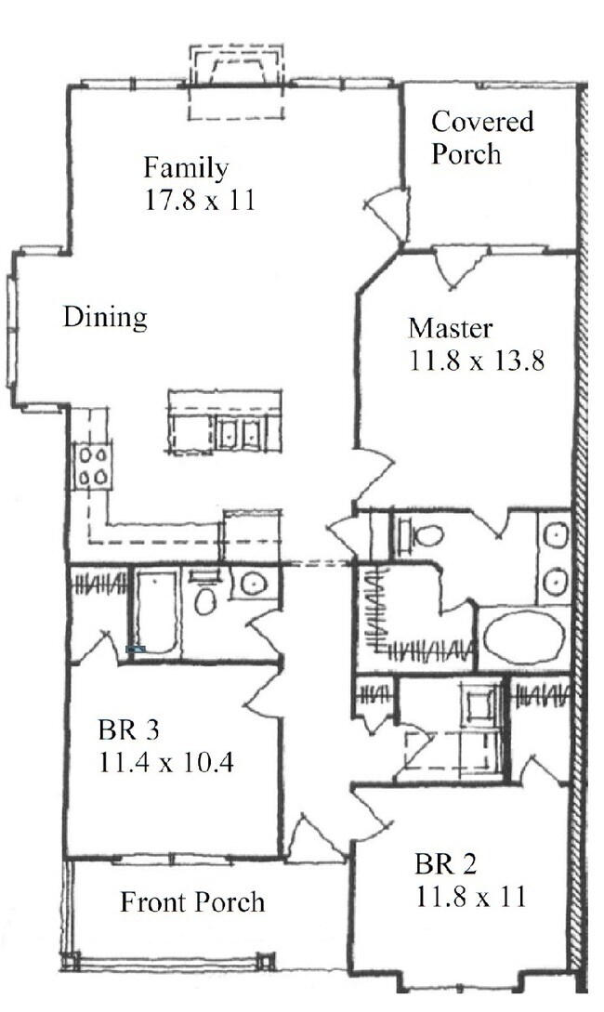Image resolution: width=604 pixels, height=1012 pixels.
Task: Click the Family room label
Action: click(x=185, y=168)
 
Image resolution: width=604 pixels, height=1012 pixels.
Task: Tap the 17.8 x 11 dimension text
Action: click(x=199, y=200)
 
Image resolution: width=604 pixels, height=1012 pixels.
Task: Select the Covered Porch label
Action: click(x=480, y=138)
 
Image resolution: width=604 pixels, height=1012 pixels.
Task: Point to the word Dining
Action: click(x=105, y=318)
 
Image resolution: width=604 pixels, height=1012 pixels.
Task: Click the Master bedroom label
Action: click(x=451, y=328)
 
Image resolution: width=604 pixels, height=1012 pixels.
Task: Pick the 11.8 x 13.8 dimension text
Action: click(x=476, y=360)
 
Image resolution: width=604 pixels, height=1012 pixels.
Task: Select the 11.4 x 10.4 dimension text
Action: click(x=165, y=762)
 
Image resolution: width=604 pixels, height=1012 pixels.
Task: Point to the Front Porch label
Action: click(x=192, y=901)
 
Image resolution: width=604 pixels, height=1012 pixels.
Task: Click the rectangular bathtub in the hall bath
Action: click(x=152, y=611)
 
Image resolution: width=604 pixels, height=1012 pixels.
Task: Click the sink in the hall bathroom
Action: click(x=252, y=583)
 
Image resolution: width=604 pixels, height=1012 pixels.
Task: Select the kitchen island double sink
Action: click(x=241, y=432)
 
